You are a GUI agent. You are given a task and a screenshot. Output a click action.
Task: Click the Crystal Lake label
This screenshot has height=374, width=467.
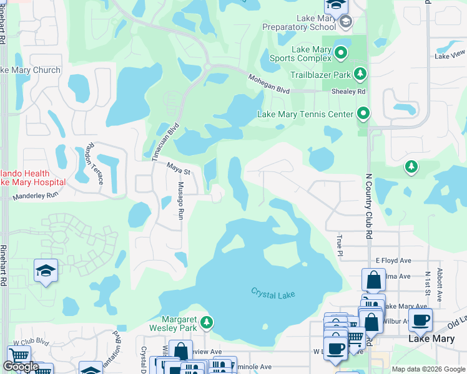click(272, 293)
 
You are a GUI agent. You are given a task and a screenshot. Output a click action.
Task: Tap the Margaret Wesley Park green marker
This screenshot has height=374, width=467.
click(207, 322)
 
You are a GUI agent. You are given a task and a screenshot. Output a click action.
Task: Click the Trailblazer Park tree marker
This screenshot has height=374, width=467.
click(360, 74)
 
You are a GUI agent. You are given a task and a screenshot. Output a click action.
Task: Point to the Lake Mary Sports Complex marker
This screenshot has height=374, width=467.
click(341, 53)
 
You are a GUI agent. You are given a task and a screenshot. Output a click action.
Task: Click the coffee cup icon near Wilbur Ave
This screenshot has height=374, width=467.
click(420, 319)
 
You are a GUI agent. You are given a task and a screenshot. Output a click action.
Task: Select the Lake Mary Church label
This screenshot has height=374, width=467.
click(31, 70)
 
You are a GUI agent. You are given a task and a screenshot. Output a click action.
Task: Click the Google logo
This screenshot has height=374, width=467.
click(21, 367)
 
